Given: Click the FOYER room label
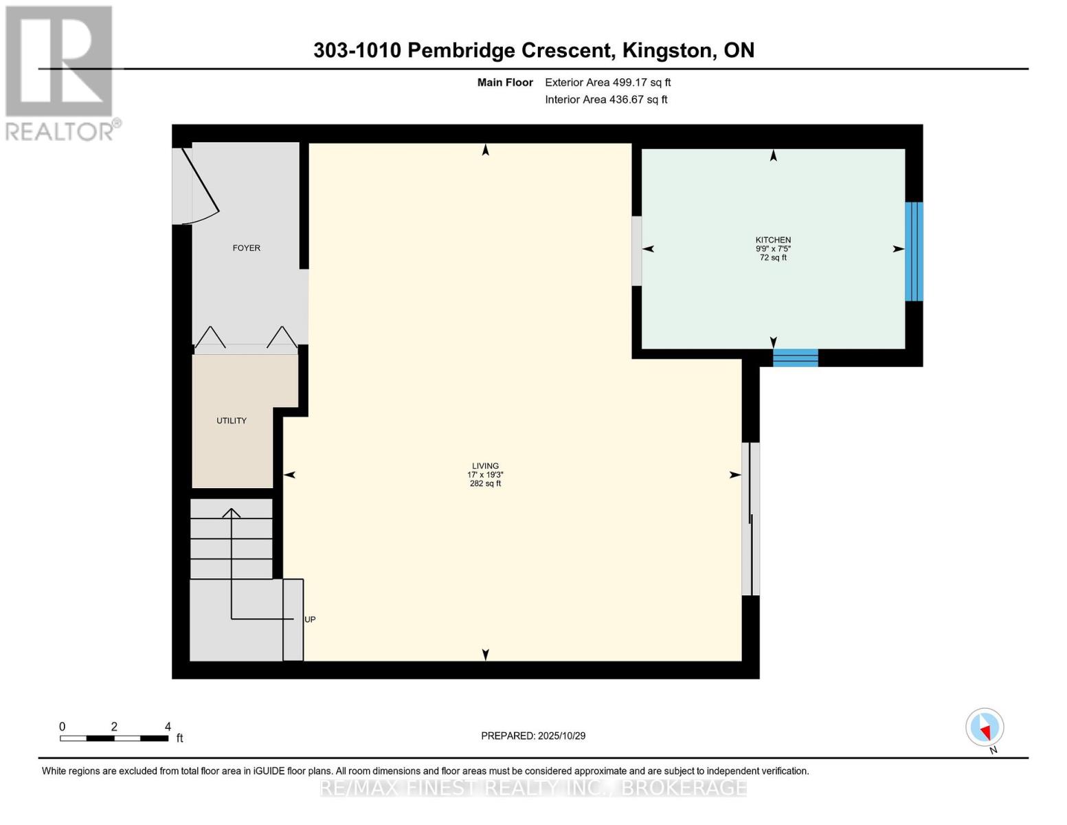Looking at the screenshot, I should click(x=246, y=248).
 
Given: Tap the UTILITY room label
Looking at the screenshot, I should click(x=232, y=421).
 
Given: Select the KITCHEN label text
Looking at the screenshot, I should click(x=773, y=240).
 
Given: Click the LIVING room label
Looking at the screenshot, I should click(x=485, y=466).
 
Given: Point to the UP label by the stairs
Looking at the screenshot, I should click(x=310, y=619).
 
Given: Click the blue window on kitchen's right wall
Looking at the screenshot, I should click(x=913, y=252).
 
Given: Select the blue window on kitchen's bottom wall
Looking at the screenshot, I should click(x=795, y=357).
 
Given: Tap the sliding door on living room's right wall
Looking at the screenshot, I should click(x=750, y=519).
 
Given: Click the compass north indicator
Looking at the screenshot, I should click(x=985, y=727).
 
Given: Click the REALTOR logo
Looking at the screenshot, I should click(x=60, y=73).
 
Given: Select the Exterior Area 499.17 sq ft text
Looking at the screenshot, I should click(x=607, y=82).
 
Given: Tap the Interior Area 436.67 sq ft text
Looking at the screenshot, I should click(x=606, y=100).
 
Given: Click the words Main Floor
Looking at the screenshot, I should click(x=505, y=82).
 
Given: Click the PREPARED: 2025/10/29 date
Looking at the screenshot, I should click(x=533, y=736).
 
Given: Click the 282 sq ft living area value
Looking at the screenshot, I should click(x=485, y=484).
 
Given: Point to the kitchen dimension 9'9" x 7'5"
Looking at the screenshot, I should click(x=773, y=249).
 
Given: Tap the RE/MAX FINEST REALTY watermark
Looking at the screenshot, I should click(x=533, y=787).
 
